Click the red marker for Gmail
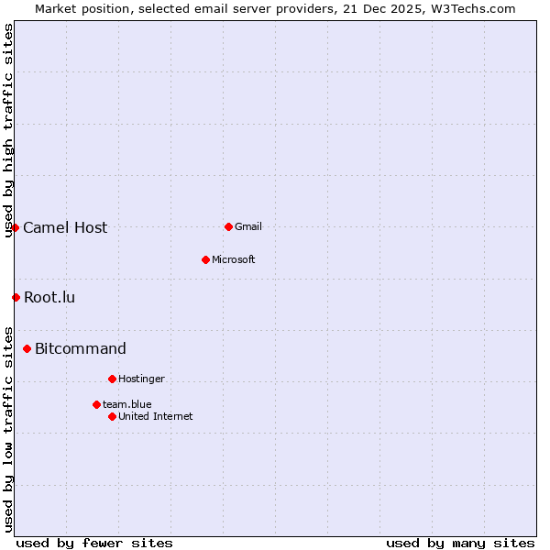[x=228, y=226]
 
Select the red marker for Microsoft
[x=205, y=259]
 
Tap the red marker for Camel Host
[x=16, y=227]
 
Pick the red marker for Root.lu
[x=16, y=297]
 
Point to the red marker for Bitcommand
[x=27, y=348]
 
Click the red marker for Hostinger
[x=112, y=379]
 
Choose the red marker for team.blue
[x=96, y=404]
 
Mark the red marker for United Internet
[x=112, y=416]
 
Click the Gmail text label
[x=248, y=227]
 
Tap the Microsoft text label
[x=234, y=260]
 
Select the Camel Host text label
[x=65, y=228]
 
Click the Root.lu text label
[x=49, y=298]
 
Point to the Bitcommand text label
[x=81, y=349]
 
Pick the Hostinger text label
[x=141, y=379]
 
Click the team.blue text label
[x=127, y=405]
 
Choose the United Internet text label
[x=156, y=417]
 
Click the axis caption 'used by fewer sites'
[x=94, y=544]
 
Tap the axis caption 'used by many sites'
[x=460, y=544]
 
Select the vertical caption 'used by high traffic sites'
[x=9, y=131]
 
